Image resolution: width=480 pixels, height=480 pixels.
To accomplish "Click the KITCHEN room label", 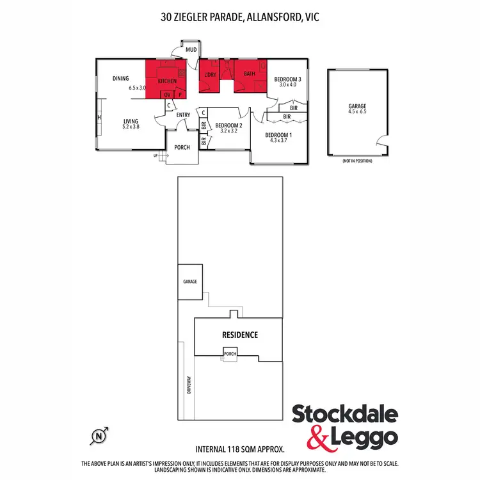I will click(167, 81).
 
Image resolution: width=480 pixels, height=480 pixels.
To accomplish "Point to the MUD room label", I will click(191, 50).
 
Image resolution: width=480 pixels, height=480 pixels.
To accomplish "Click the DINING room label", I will click(121, 79).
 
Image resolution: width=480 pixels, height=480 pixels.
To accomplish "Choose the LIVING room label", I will click(131, 120).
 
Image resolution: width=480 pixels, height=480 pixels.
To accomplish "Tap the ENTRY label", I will click(183, 115).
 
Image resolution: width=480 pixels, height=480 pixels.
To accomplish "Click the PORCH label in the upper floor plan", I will click(182, 147).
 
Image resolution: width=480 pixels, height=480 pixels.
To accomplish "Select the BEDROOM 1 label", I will click(278, 135).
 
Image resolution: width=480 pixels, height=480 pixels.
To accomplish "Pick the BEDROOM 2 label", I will click(228, 125).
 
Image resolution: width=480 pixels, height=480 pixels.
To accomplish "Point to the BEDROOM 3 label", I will click(286, 79).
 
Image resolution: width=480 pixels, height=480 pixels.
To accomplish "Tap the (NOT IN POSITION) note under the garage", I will click(357, 161).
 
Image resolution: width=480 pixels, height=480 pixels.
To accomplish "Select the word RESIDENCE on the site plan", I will click(240, 335).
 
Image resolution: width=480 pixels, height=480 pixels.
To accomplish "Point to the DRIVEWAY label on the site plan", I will click(189, 385).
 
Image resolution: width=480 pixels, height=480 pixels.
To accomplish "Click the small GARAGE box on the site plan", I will click(190, 281).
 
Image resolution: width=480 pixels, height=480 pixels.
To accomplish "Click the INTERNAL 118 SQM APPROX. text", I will click(239, 451).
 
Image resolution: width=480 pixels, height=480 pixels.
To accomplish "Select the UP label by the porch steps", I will click(155, 156).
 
